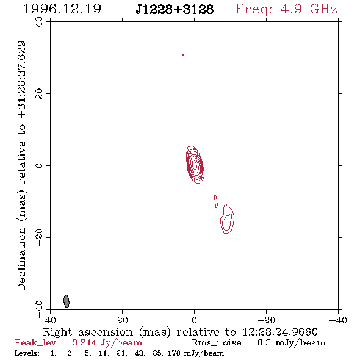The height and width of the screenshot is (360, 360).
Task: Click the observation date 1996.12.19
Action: [62, 9]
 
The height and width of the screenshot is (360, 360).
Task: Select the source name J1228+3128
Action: [175, 9]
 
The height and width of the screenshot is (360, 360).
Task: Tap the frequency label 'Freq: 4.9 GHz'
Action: [286, 9]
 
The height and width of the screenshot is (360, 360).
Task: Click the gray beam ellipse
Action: [67, 301]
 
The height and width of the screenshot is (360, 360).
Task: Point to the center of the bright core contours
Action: [195, 165]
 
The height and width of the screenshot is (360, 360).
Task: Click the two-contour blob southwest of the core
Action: [227, 219]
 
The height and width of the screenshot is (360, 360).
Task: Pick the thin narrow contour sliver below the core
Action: [216, 201]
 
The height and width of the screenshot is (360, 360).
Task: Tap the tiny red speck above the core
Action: [183, 55]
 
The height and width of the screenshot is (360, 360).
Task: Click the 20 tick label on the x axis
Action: [123, 320]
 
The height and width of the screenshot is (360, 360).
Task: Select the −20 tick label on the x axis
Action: [266, 320]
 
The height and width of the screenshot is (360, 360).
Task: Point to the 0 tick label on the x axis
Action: [195, 320]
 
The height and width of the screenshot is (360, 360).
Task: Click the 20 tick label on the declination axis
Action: [39, 94]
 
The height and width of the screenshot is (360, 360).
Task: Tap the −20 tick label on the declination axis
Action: [39, 237]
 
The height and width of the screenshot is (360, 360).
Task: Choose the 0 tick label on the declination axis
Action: [39, 165]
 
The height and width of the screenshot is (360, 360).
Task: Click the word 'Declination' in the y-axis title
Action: [21, 259]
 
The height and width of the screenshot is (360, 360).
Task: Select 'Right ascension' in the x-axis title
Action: [88, 332]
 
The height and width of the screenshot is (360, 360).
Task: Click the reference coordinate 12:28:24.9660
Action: [280, 332]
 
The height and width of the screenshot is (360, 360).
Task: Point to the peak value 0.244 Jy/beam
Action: [107, 343]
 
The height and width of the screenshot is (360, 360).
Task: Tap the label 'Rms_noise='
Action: [220, 343]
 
